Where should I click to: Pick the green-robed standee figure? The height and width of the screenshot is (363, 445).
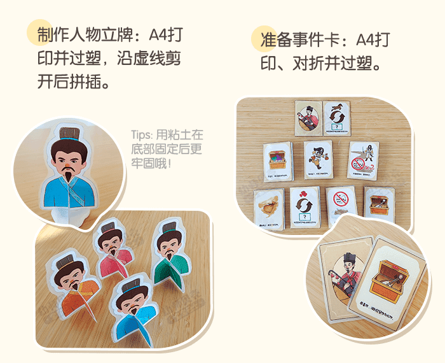167,248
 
